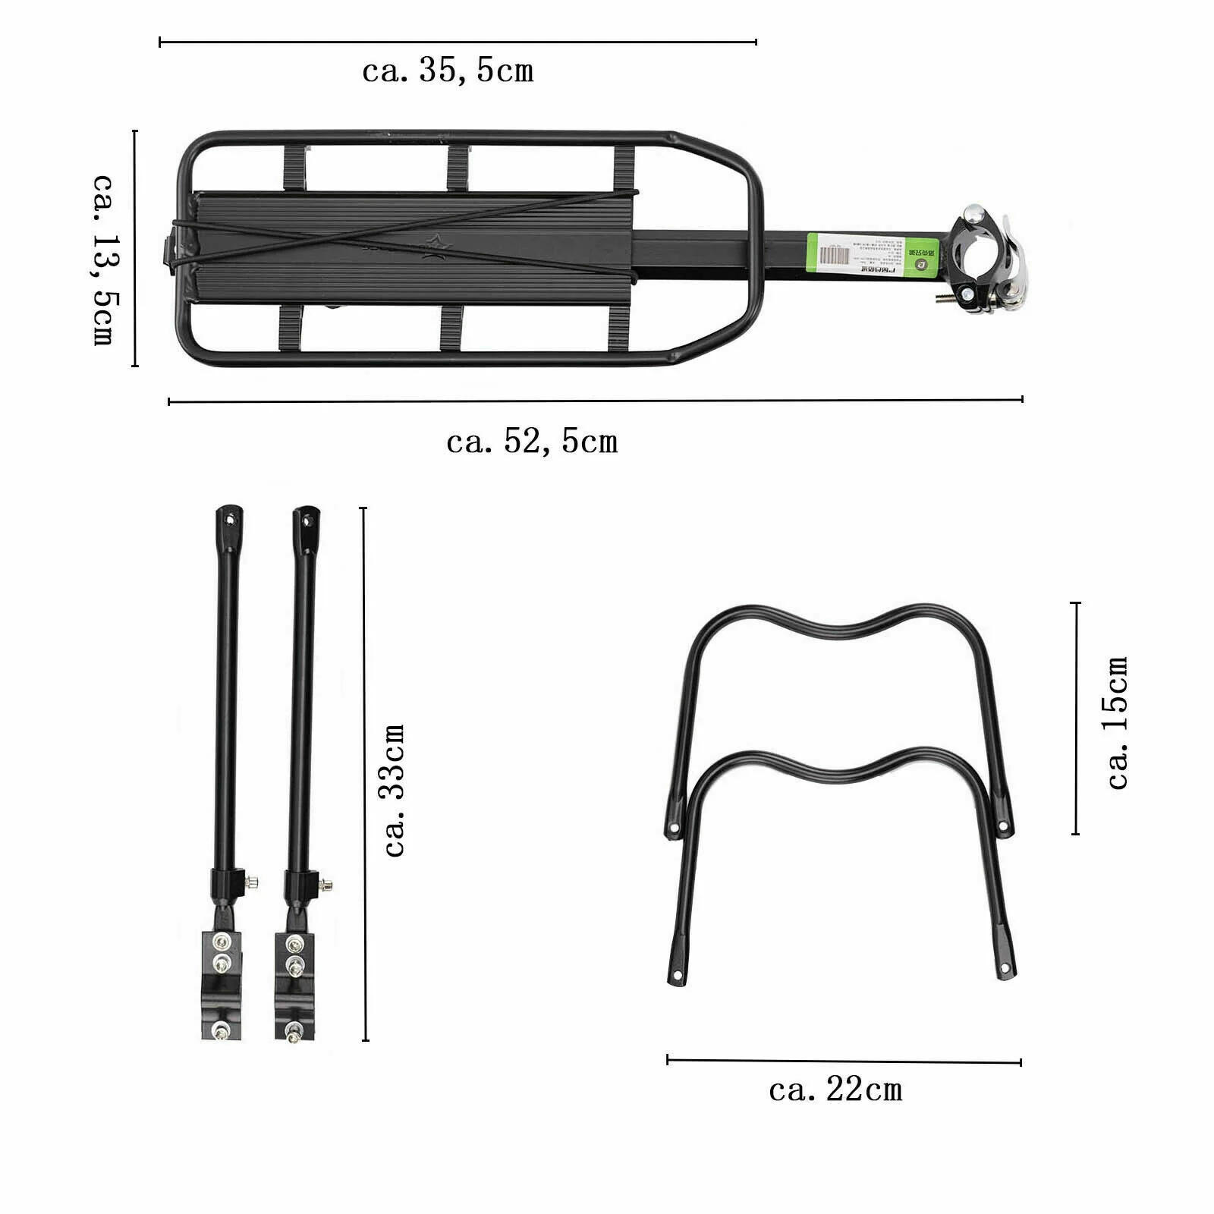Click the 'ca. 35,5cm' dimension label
point(448,71)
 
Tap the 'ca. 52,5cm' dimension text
point(532,442)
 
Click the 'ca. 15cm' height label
point(1118,723)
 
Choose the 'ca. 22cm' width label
point(835,1090)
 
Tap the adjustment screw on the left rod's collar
point(252,882)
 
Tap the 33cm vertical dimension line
point(365,774)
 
